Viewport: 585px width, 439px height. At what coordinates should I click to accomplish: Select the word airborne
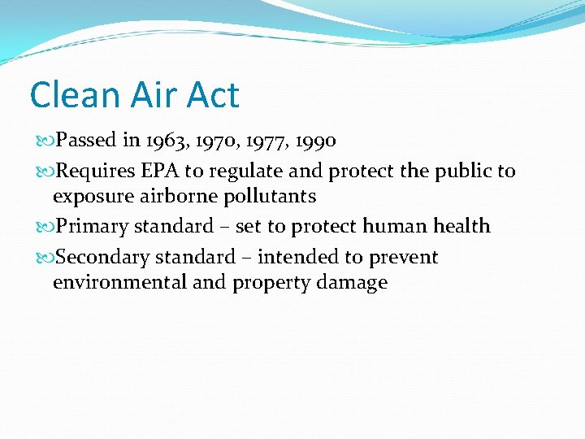click(169, 196)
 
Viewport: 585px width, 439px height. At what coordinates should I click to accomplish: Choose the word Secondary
click(102, 258)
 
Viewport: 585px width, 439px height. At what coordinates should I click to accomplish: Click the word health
click(461, 225)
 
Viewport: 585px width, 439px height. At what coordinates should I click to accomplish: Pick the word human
click(398, 225)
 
